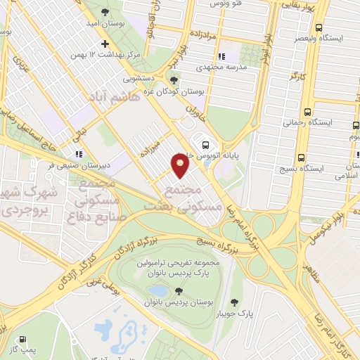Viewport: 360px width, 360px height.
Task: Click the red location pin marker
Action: [x=180, y=165]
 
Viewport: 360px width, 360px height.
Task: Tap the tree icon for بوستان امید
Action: [x=105, y=13]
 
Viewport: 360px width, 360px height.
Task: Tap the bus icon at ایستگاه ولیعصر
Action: [x=319, y=28]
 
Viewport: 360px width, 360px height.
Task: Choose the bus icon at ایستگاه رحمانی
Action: [x=307, y=112]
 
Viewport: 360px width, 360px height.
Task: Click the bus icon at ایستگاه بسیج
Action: [x=301, y=158]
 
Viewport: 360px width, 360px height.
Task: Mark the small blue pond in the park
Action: [x=160, y=290]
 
